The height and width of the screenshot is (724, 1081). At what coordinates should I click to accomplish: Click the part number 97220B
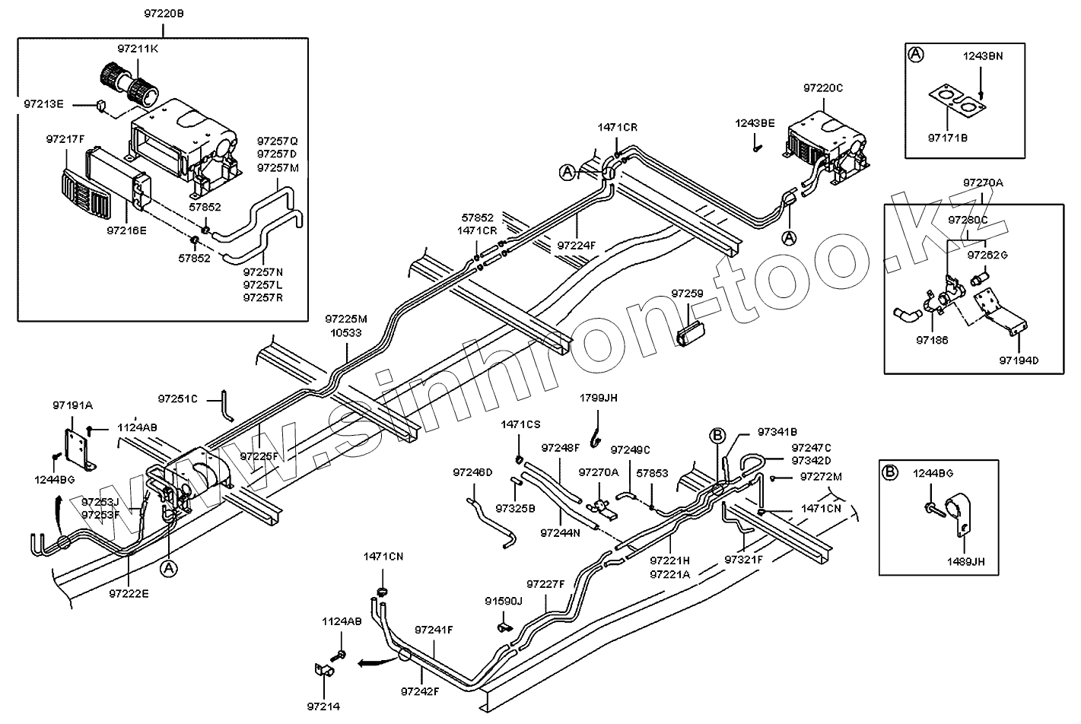point(164,14)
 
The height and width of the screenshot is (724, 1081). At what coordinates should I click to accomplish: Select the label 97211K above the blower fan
point(138,49)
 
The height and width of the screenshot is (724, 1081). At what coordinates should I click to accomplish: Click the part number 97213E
point(44,103)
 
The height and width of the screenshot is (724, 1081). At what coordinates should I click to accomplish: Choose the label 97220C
point(823,88)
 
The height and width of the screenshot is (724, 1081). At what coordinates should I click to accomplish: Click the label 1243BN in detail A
point(984,56)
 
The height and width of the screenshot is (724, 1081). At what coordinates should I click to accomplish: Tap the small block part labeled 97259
point(690,333)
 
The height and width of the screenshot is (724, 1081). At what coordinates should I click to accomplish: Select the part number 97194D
point(1019,360)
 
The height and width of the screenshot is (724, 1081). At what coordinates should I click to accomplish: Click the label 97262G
point(987,255)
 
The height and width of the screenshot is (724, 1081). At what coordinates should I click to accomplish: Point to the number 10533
point(345,332)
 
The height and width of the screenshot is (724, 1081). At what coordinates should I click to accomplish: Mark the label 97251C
point(178,399)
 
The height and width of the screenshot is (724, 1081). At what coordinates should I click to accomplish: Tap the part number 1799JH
point(599,398)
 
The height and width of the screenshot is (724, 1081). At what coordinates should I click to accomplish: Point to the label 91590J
point(504,601)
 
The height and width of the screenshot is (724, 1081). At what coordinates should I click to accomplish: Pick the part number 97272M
point(822,477)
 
